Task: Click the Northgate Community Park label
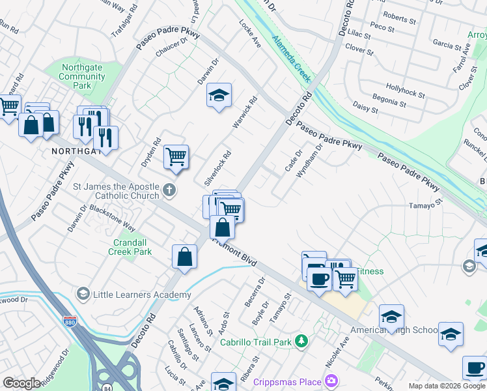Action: pos(82,76)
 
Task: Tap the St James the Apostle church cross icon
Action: pos(169,191)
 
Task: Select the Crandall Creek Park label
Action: pos(129,246)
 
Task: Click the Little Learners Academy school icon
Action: pos(82,295)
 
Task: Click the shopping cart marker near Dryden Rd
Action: pos(176,156)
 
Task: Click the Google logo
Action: pos(21,383)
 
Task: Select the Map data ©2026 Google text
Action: pos(447,386)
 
